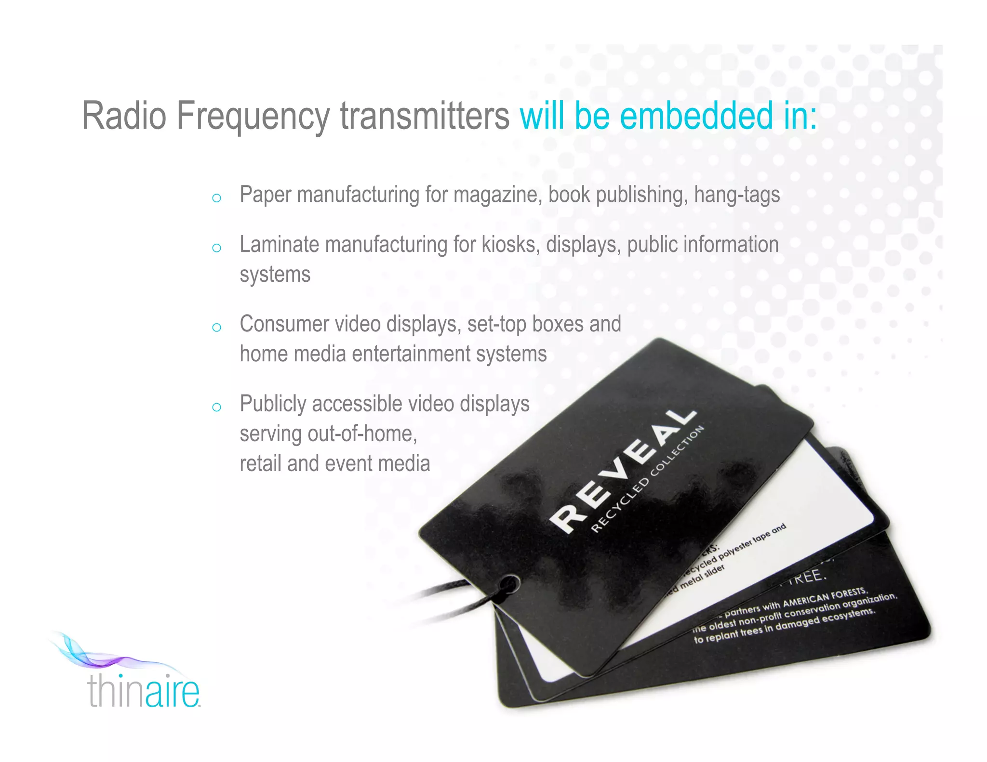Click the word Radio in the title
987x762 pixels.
click(x=124, y=116)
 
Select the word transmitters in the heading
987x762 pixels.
click(x=425, y=116)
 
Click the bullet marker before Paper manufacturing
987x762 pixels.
click(x=216, y=198)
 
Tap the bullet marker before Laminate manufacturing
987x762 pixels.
click(x=216, y=248)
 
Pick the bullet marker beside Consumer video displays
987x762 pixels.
click(x=216, y=328)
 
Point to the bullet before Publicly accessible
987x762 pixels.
click(x=216, y=407)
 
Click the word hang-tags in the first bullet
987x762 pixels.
click(x=737, y=195)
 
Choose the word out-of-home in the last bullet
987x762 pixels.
click(x=362, y=434)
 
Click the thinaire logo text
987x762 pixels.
click(x=144, y=691)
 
